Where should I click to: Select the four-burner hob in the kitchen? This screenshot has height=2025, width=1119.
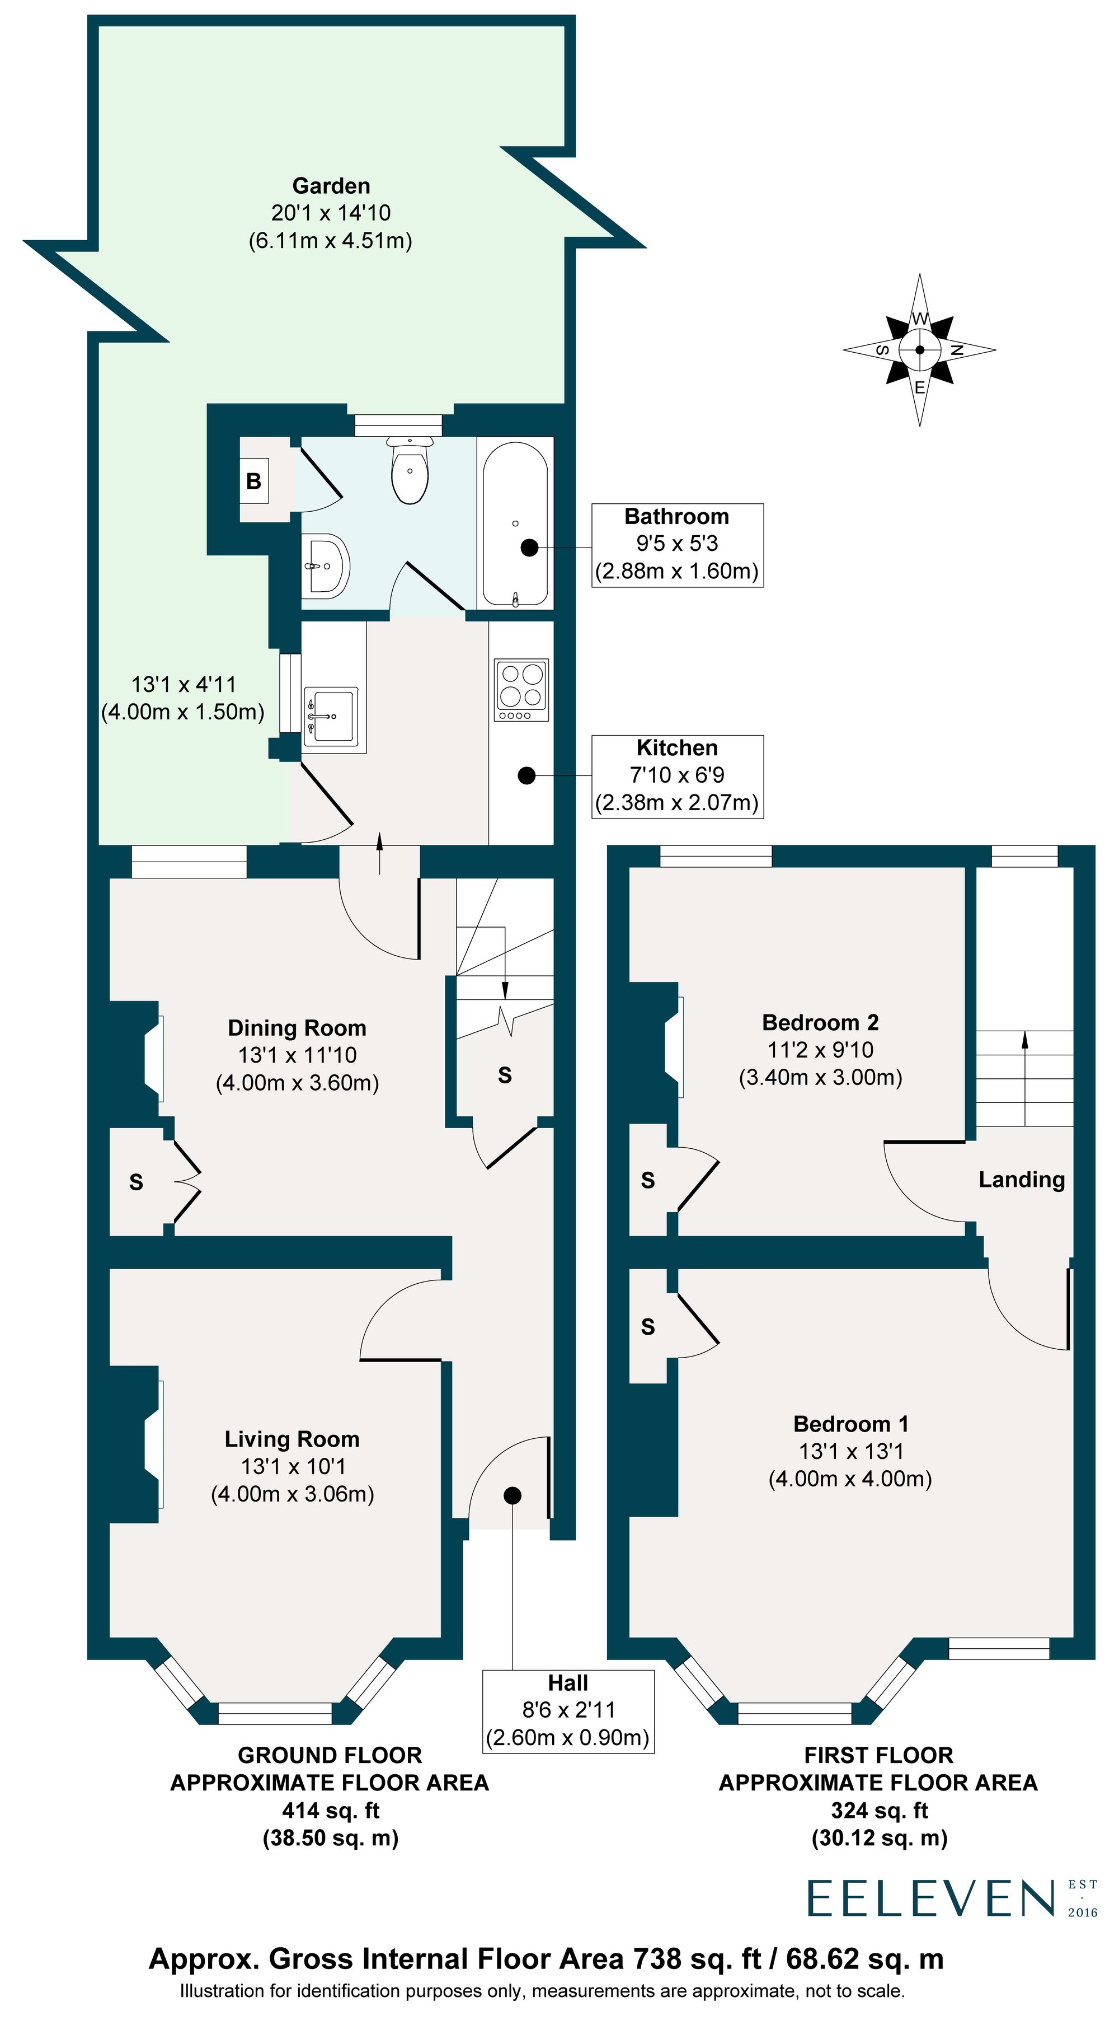(522, 689)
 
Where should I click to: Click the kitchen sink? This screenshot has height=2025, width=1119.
(331, 716)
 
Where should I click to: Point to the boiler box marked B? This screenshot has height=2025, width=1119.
(254, 481)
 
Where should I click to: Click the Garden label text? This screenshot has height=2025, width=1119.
(331, 186)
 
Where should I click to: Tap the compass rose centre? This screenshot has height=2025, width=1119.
(919, 350)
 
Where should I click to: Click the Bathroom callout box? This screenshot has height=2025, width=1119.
(678, 545)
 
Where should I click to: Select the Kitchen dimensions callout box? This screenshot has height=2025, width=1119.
(678, 776)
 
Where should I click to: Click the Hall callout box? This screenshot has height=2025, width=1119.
(568, 1710)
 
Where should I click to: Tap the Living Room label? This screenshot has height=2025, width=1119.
(292, 1439)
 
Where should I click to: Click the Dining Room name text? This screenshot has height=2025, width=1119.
(297, 1028)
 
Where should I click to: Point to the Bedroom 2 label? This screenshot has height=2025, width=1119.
(820, 1023)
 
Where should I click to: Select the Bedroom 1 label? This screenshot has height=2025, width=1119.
(851, 1424)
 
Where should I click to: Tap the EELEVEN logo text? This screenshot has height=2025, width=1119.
(930, 1899)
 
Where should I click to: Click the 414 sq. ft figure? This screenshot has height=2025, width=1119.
(330, 1811)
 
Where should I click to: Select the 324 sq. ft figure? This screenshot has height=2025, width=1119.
(880, 1811)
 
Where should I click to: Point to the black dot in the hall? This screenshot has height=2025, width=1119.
(513, 1496)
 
